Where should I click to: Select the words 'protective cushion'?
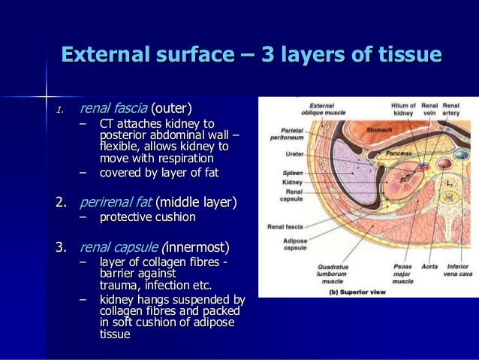[147, 217]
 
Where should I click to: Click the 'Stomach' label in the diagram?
[379, 129]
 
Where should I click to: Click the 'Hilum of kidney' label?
[403, 110]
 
